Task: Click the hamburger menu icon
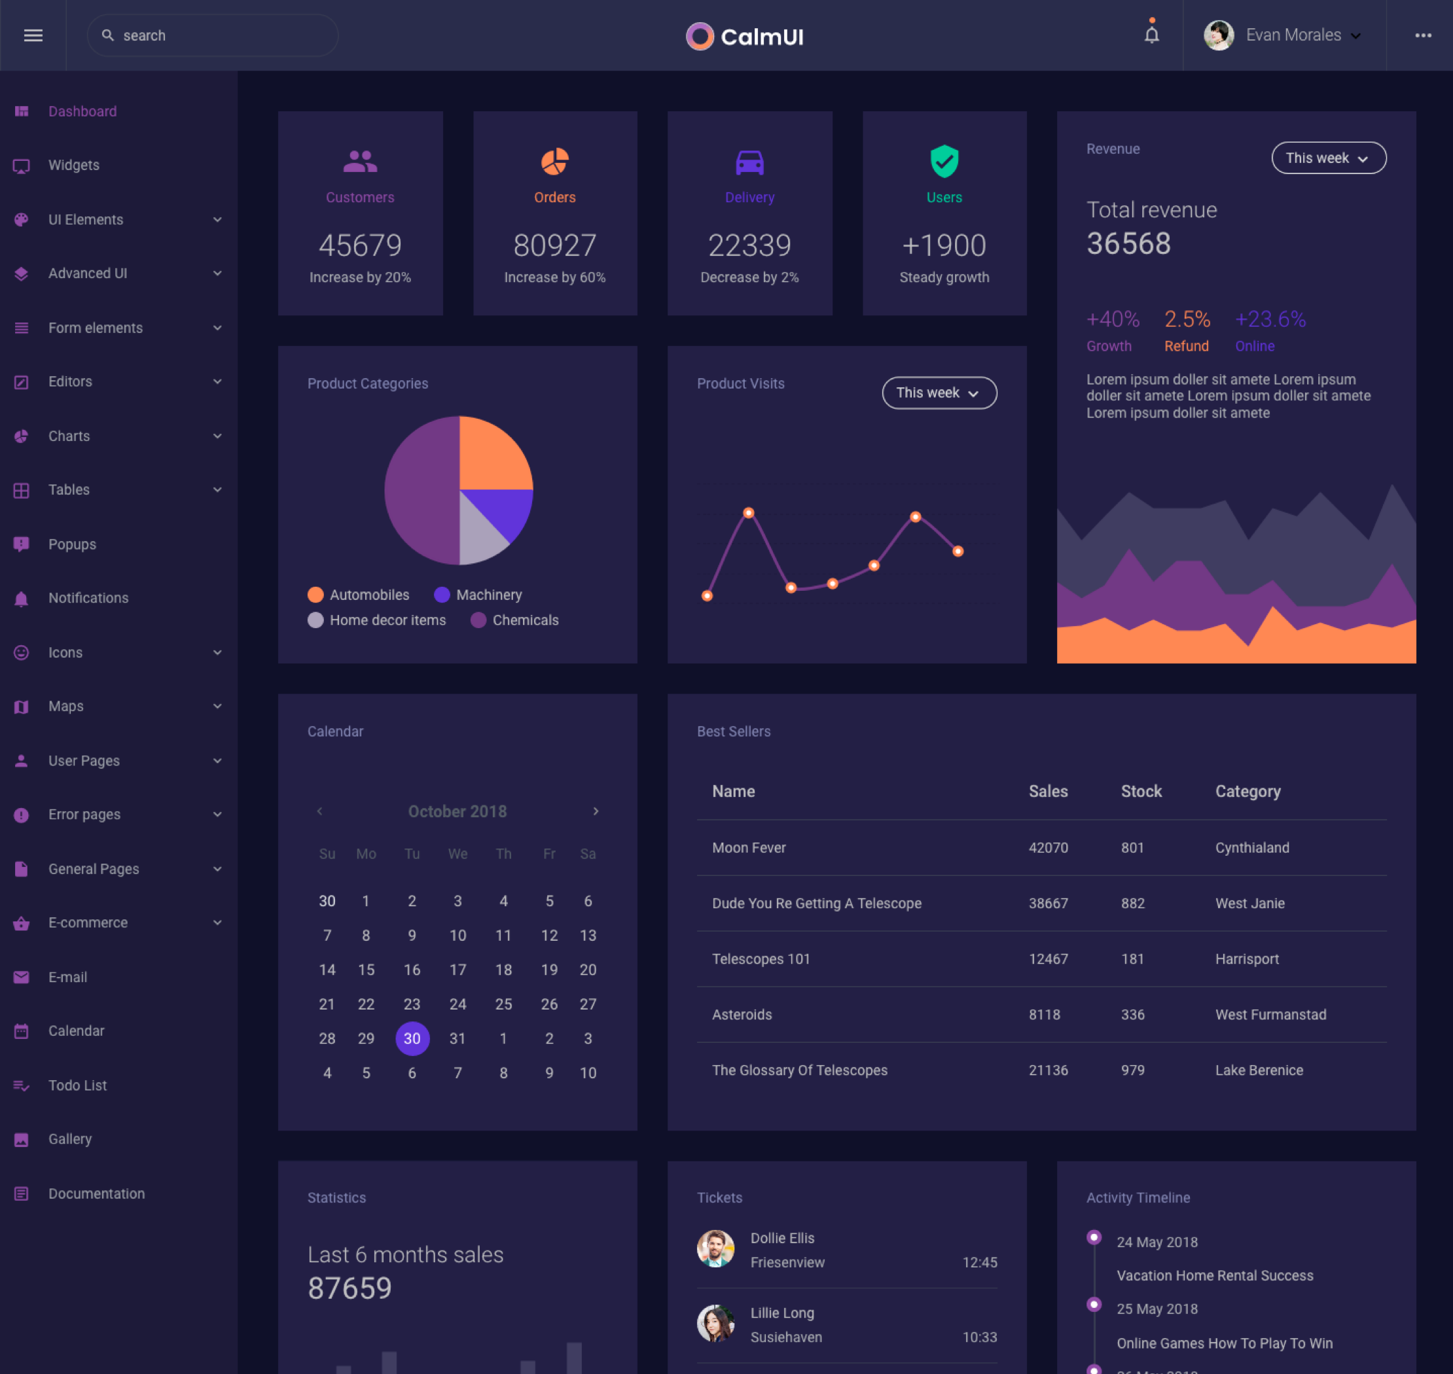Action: (33, 35)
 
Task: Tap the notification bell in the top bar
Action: (1151, 35)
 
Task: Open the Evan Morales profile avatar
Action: (1219, 35)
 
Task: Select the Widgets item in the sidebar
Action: (73, 166)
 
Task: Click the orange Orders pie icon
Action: (554, 162)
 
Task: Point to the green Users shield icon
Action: (944, 161)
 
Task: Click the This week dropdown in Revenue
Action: (1328, 158)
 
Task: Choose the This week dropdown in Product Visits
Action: (939, 393)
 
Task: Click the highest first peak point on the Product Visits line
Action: (748, 513)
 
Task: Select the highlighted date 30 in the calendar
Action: (412, 1038)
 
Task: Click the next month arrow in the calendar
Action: (596, 811)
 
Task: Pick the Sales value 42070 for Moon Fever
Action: (1048, 847)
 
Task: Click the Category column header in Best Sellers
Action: (1247, 792)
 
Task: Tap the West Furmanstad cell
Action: (1270, 1014)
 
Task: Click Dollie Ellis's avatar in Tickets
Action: (715, 1249)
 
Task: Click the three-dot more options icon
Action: (1422, 35)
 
